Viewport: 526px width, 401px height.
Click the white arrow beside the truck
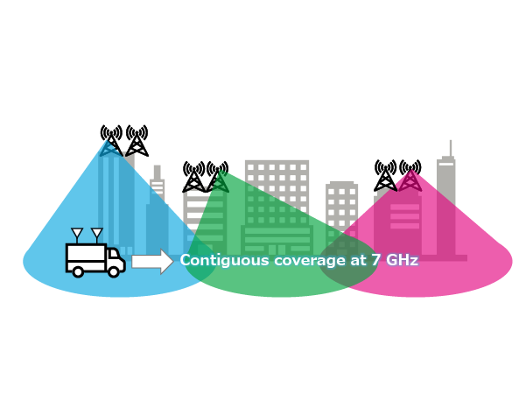[152, 261]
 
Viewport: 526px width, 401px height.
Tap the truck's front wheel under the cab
[114, 271]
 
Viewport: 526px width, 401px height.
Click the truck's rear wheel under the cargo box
[78, 271]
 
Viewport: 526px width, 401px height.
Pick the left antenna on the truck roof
[77, 235]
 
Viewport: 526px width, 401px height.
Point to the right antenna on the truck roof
[96, 235]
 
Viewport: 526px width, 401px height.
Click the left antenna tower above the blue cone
[111, 141]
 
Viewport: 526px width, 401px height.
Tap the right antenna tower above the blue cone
[137, 141]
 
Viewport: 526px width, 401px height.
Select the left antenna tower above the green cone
[193, 177]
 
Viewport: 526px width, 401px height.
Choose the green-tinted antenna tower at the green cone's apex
[218, 177]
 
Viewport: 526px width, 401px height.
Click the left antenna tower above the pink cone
[385, 176]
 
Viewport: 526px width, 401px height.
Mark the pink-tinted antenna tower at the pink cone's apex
[410, 176]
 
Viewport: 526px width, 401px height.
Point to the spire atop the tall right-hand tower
[450, 148]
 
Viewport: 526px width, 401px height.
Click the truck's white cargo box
[85, 257]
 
